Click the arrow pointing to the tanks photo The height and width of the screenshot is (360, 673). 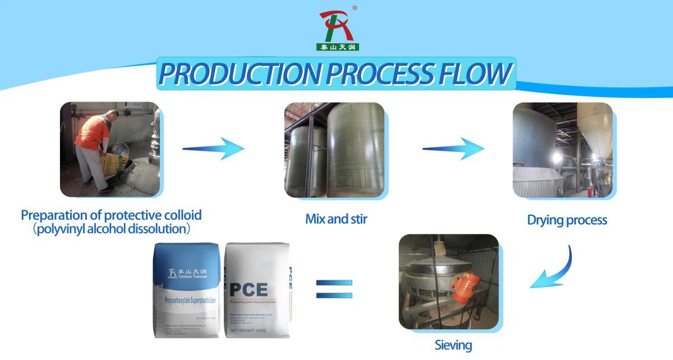(214, 149)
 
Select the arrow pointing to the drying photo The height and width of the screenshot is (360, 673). (453, 149)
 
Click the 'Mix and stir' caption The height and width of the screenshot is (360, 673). (336, 219)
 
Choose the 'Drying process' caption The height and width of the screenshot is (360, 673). (567, 220)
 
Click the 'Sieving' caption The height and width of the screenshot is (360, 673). (453, 345)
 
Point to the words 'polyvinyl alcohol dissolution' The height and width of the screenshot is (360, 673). (111, 229)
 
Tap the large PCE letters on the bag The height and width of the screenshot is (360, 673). (248, 289)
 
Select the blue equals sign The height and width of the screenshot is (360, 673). (334, 289)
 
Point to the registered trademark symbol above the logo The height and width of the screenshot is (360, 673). (354, 8)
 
